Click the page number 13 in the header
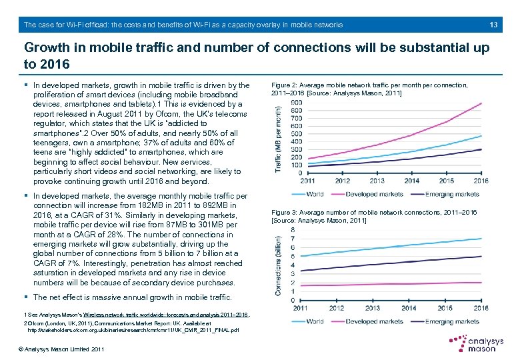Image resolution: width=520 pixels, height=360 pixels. (x=493, y=25)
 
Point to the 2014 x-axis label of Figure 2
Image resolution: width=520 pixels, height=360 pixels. (x=411, y=181)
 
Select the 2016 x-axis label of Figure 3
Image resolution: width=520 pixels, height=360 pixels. (x=481, y=308)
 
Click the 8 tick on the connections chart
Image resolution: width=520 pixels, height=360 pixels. (x=294, y=230)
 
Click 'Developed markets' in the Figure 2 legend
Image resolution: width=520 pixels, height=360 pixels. (x=375, y=194)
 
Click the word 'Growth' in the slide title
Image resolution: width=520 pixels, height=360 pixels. (x=49, y=49)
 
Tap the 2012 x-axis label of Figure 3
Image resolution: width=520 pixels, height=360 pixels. (x=337, y=308)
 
